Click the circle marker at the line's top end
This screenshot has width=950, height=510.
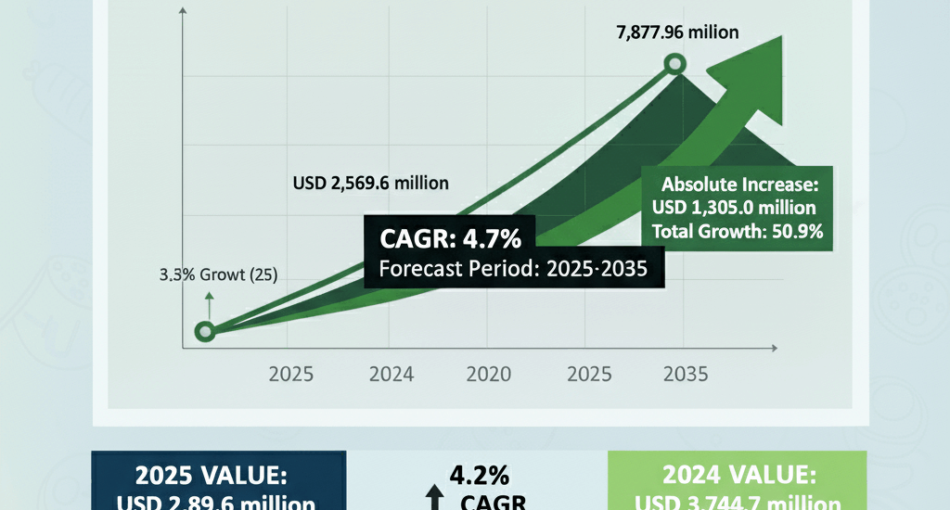pos(676,65)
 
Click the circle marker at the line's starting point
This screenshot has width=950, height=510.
pos(206,331)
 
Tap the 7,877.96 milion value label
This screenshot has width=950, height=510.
pos(677,32)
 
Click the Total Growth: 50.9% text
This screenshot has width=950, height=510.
pos(738,232)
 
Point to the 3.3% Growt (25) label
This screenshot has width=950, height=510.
pos(217,274)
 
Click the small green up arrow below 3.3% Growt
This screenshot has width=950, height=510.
pos(209,300)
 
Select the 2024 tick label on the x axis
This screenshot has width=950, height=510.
pos(391,375)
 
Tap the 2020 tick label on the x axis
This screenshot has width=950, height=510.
pos(489,375)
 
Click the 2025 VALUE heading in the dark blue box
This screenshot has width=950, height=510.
pos(212,476)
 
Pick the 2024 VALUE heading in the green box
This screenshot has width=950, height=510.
pos(738,476)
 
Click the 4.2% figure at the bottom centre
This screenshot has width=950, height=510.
pos(479,476)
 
